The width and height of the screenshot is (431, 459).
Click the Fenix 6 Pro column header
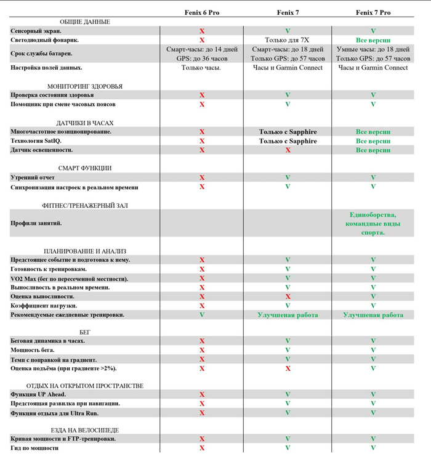pos(201,12)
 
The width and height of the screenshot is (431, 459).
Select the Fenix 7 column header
pos(288,12)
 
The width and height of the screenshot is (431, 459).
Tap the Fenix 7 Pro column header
pos(373,12)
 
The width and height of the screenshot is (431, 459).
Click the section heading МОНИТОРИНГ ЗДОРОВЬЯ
pos(84,86)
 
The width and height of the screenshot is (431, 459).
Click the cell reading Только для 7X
pos(288,39)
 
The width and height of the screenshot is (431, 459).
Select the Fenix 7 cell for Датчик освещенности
pos(288,150)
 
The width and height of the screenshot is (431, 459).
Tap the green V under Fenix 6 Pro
pos(201,314)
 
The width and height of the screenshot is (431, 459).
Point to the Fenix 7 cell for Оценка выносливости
pos(288,296)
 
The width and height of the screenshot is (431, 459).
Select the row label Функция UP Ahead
pos(38,394)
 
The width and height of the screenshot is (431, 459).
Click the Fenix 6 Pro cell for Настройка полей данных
pos(201,67)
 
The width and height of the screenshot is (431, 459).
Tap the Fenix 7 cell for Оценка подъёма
pos(288,368)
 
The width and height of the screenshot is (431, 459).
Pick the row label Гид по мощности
pos(34,448)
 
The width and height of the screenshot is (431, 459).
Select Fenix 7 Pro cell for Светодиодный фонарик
pos(373,39)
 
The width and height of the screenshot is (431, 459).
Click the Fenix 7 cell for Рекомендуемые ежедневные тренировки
pos(288,315)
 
